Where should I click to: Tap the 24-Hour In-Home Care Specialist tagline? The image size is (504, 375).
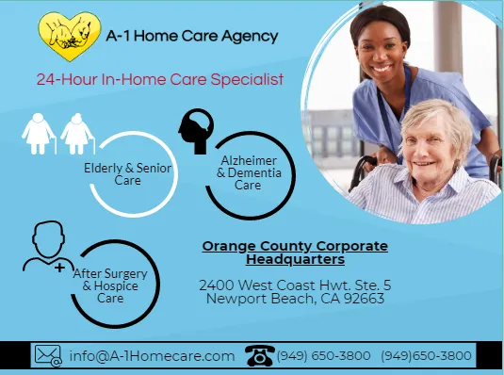click(159, 80)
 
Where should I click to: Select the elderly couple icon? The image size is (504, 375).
click(58, 134)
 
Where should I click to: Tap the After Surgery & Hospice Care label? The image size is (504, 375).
click(111, 284)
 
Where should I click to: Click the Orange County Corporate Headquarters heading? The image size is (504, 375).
click(295, 253)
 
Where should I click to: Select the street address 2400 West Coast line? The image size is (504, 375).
click(295, 285)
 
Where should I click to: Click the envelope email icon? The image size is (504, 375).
click(48, 355)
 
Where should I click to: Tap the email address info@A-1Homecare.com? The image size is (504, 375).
click(152, 356)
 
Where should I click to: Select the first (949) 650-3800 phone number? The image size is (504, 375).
click(323, 356)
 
